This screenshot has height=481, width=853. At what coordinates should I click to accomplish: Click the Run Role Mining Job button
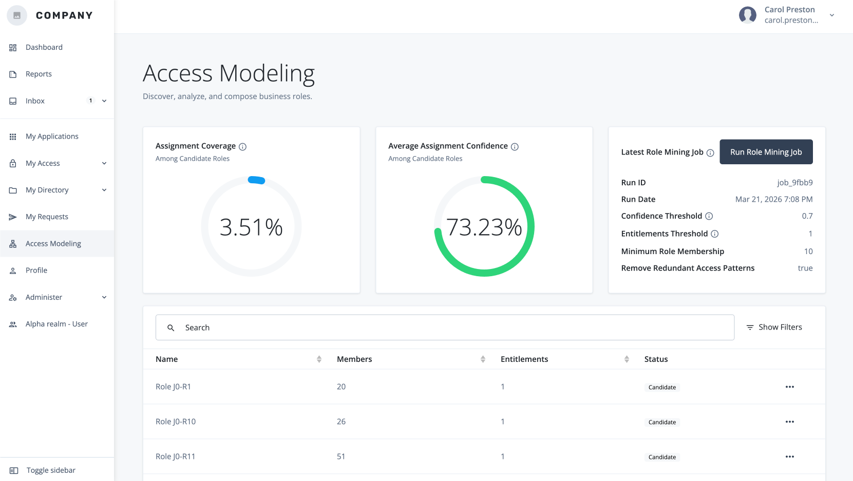click(766, 152)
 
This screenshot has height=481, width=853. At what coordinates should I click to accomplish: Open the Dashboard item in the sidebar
click(44, 47)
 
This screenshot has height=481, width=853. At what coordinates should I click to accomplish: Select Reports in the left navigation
click(39, 74)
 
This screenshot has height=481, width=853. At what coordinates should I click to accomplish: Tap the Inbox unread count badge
click(91, 101)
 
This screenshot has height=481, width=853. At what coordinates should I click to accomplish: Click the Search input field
click(445, 328)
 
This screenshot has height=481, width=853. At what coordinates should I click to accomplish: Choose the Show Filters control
click(774, 328)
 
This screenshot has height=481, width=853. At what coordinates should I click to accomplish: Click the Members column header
click(354, 359)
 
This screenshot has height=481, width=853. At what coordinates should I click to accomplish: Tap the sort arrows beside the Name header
click(319, 359)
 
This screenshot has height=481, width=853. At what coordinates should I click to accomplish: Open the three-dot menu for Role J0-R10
click(789, 422)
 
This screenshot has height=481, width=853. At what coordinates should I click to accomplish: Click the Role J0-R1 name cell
click(173, 387)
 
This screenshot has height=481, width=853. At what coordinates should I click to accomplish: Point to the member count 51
click(341, 456)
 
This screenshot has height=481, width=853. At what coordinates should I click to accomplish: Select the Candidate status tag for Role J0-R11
click(662, 457)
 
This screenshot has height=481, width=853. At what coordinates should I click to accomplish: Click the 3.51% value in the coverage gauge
click(251, 227)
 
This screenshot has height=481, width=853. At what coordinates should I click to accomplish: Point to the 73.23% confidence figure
click(484, 227)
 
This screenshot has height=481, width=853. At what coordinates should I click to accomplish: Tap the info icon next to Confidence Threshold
click(709, 216)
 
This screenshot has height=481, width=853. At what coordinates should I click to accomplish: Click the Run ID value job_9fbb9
click(794, 183)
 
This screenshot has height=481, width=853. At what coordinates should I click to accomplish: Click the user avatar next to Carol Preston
click(747, 15)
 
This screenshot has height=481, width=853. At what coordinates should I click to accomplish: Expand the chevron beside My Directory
click(104, 190)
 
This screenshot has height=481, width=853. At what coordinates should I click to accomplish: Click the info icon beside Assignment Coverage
click(243, 147)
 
